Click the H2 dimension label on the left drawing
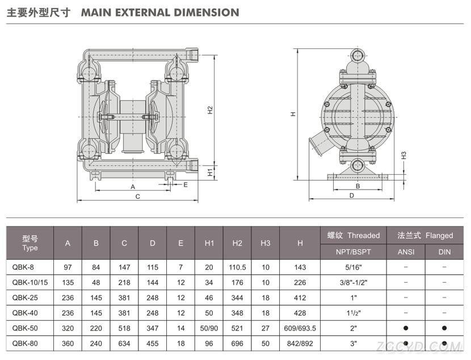point(210,110)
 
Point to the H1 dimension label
point(210,172)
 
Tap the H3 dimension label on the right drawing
point(403,156)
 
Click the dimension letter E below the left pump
point(186,185)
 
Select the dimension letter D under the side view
point(352,195)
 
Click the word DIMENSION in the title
point(207,12)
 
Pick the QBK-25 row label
point(25,298)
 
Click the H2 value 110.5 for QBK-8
point(237,267)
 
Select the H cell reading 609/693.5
point(300,328)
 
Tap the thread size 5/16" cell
point(354,267)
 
